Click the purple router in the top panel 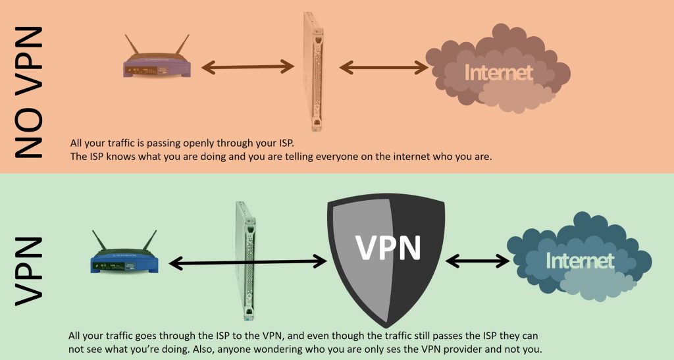[157, 66]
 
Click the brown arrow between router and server [247, 66]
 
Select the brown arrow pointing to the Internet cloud [384, 67]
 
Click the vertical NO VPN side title [28, 92]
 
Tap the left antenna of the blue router [99, 243]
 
